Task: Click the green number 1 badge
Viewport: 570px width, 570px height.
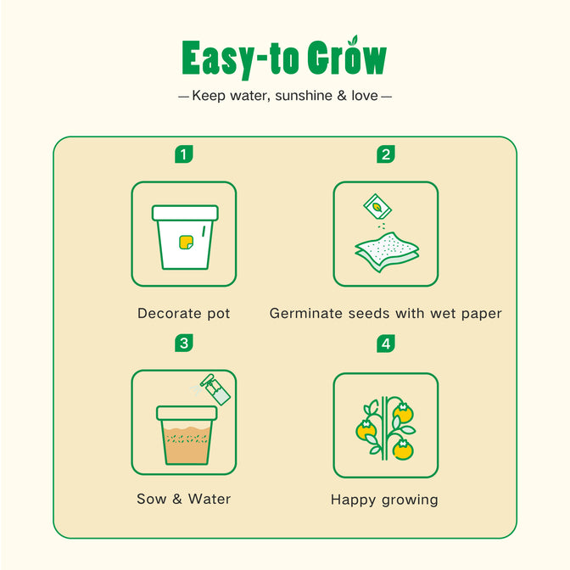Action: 184,154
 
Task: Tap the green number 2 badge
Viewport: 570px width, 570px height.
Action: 386,154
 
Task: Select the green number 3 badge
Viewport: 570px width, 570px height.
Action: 184,344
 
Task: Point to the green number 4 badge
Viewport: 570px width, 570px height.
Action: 386,344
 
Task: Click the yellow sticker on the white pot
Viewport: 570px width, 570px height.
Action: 186,243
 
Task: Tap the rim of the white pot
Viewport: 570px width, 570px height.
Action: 186,213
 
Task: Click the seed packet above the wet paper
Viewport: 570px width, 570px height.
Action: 377,206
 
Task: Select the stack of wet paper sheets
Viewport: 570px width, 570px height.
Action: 387,252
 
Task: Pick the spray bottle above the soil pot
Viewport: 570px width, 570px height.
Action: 215,389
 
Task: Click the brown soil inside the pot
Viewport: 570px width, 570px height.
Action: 187,445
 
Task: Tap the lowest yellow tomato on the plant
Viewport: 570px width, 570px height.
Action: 403,450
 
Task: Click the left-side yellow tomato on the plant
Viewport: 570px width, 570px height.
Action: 366,430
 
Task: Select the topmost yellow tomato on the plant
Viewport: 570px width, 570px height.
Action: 404,413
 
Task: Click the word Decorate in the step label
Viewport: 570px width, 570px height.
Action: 170,313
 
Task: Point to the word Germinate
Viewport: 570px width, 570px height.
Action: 305,313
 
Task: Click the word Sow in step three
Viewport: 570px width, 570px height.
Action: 151,499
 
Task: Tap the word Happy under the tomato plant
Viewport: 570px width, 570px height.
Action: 353,500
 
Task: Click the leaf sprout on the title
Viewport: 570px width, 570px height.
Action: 353,40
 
